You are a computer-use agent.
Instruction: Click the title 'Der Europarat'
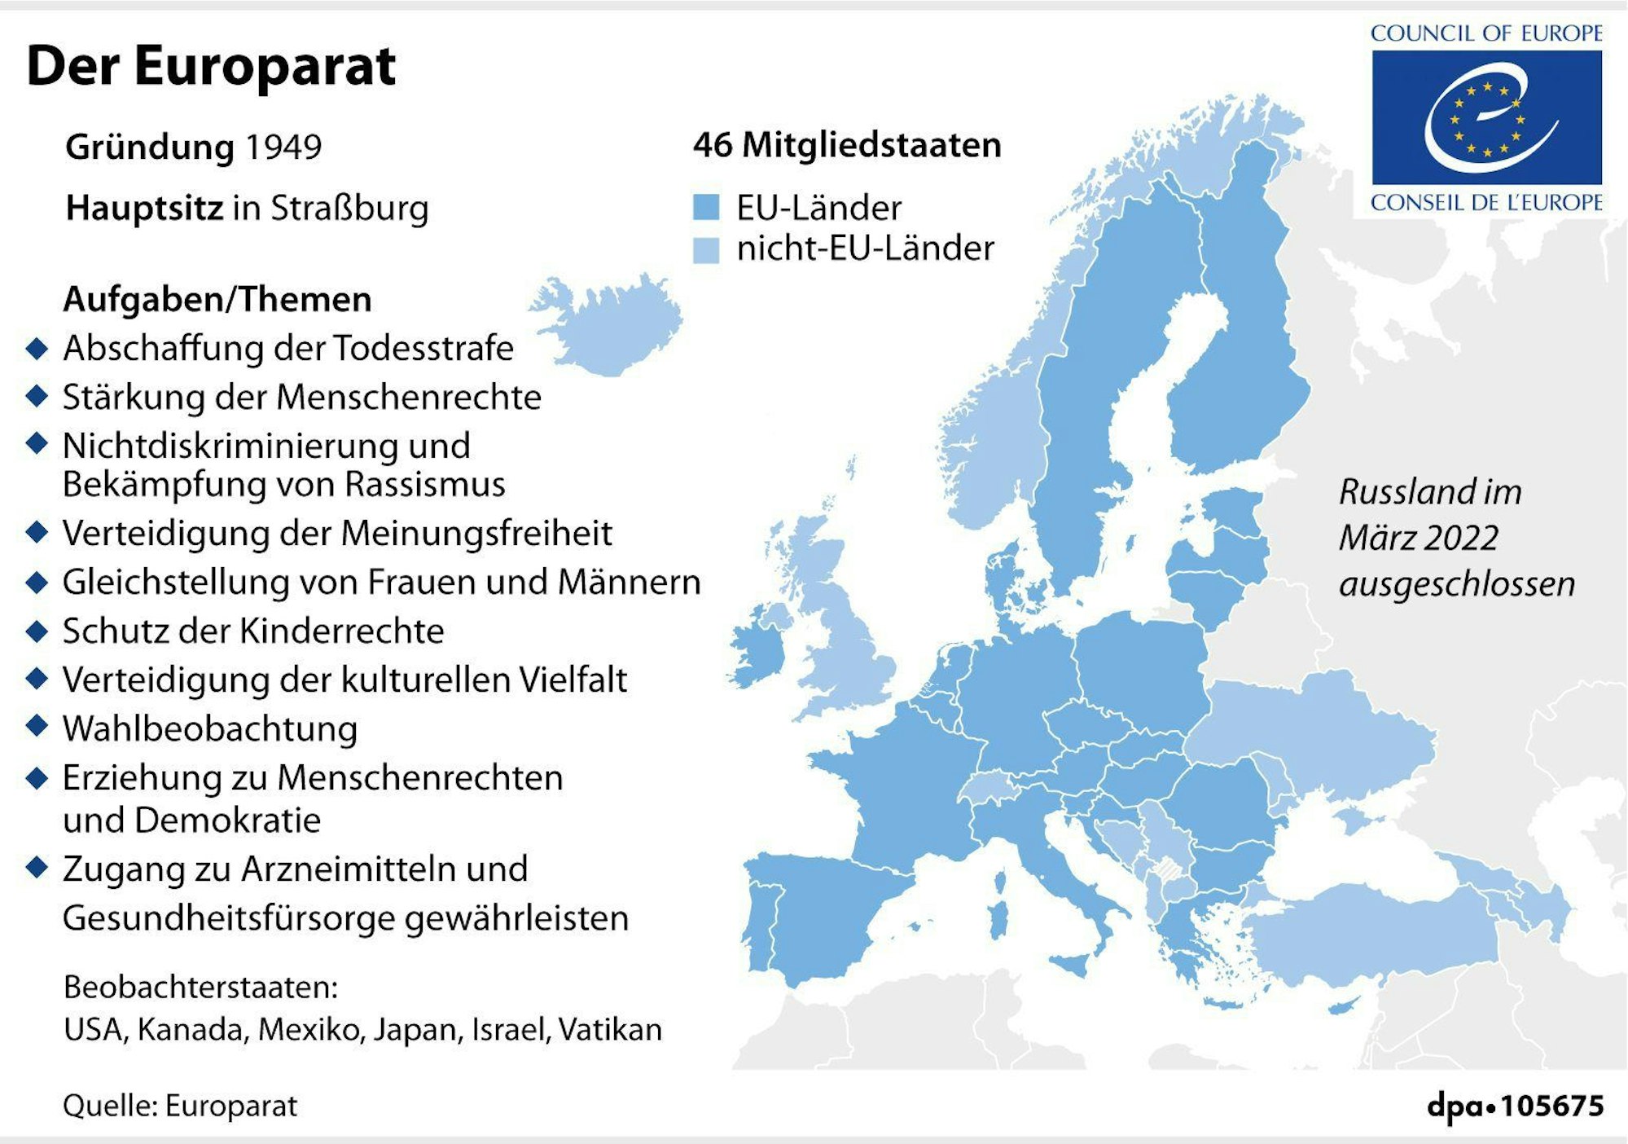click(x=211, y=66)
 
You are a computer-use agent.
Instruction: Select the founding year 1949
click(x=283, y=147)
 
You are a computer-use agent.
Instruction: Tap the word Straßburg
click(x=349, y=209)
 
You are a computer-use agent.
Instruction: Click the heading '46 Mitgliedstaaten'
click(x=847, y=145)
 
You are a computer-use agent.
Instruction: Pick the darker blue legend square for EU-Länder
click(x=705, y=207)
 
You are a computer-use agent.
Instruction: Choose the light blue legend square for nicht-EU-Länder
click(x=705, y=249)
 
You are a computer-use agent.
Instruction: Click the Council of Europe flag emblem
click(x=1486, y=117)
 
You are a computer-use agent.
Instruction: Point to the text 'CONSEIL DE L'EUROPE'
click(x=1486, y=203)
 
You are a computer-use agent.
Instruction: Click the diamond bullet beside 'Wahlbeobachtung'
click(x=37, y=725)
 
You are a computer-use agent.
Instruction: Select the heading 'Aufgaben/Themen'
click(x=217, y=300)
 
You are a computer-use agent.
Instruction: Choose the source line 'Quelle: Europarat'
click(x=180, y=1106)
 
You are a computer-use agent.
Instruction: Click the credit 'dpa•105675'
click(x=1515, y=1106)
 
